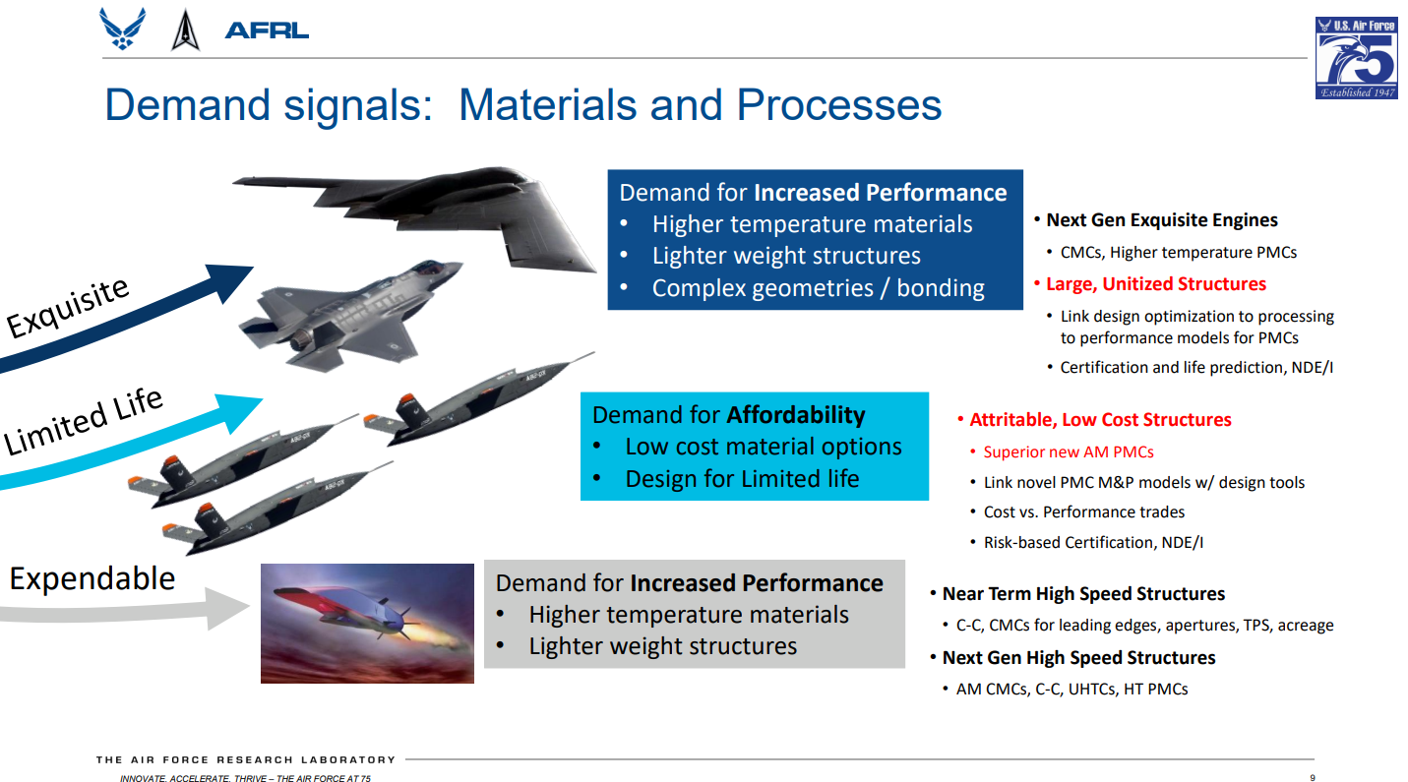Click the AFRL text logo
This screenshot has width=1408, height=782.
pyautogui.click(x=267, y=30)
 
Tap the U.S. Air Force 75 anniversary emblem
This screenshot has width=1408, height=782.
pyautogui.click(x=1357, y=58)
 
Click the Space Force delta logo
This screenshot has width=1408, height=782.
pyautogui.click(x=185, y=30)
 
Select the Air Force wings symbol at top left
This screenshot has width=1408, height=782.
pyautogui.click(x=123, y=29)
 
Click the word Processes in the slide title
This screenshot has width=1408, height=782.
pyautogui.click(x=838, y=104)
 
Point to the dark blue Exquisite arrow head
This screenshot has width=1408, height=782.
pyautogui.click(x=226, y=281)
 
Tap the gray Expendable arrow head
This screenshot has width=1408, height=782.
pyautogui.click(x=226, y=608)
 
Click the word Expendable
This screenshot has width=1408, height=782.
pyautogui.click(x=92, y=578)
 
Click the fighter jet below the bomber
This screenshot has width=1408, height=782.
pyautogui.click(x=349, y=315)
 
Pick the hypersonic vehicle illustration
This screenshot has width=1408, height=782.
pyautogui.click(x=367, y=623)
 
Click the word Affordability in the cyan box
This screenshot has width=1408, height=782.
pyautogui.click(x=796, y=415)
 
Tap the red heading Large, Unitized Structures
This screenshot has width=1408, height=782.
pyautogui.click(x=1155, y=284)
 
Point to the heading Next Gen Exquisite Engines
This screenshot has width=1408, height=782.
pyautogui.click(x=1162, y=220)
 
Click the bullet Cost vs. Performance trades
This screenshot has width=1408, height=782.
pyautogui.click(x=1083, y=512)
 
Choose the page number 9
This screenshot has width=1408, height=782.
pyautogui.click(x=1313, y=778)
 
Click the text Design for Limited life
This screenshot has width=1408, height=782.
pyautogui.click(x=742, y=479)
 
